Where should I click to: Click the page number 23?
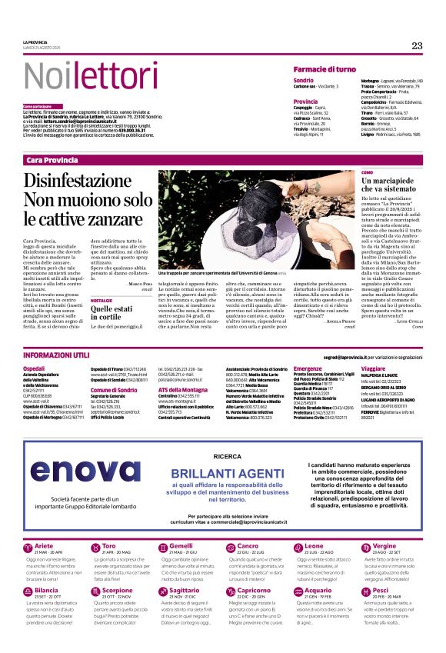(x=417, y=45)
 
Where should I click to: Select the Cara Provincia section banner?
(x=52, y=159)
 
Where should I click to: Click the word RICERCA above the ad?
(x=228, y=435)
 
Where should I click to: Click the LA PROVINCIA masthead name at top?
(x=36, y=42)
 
